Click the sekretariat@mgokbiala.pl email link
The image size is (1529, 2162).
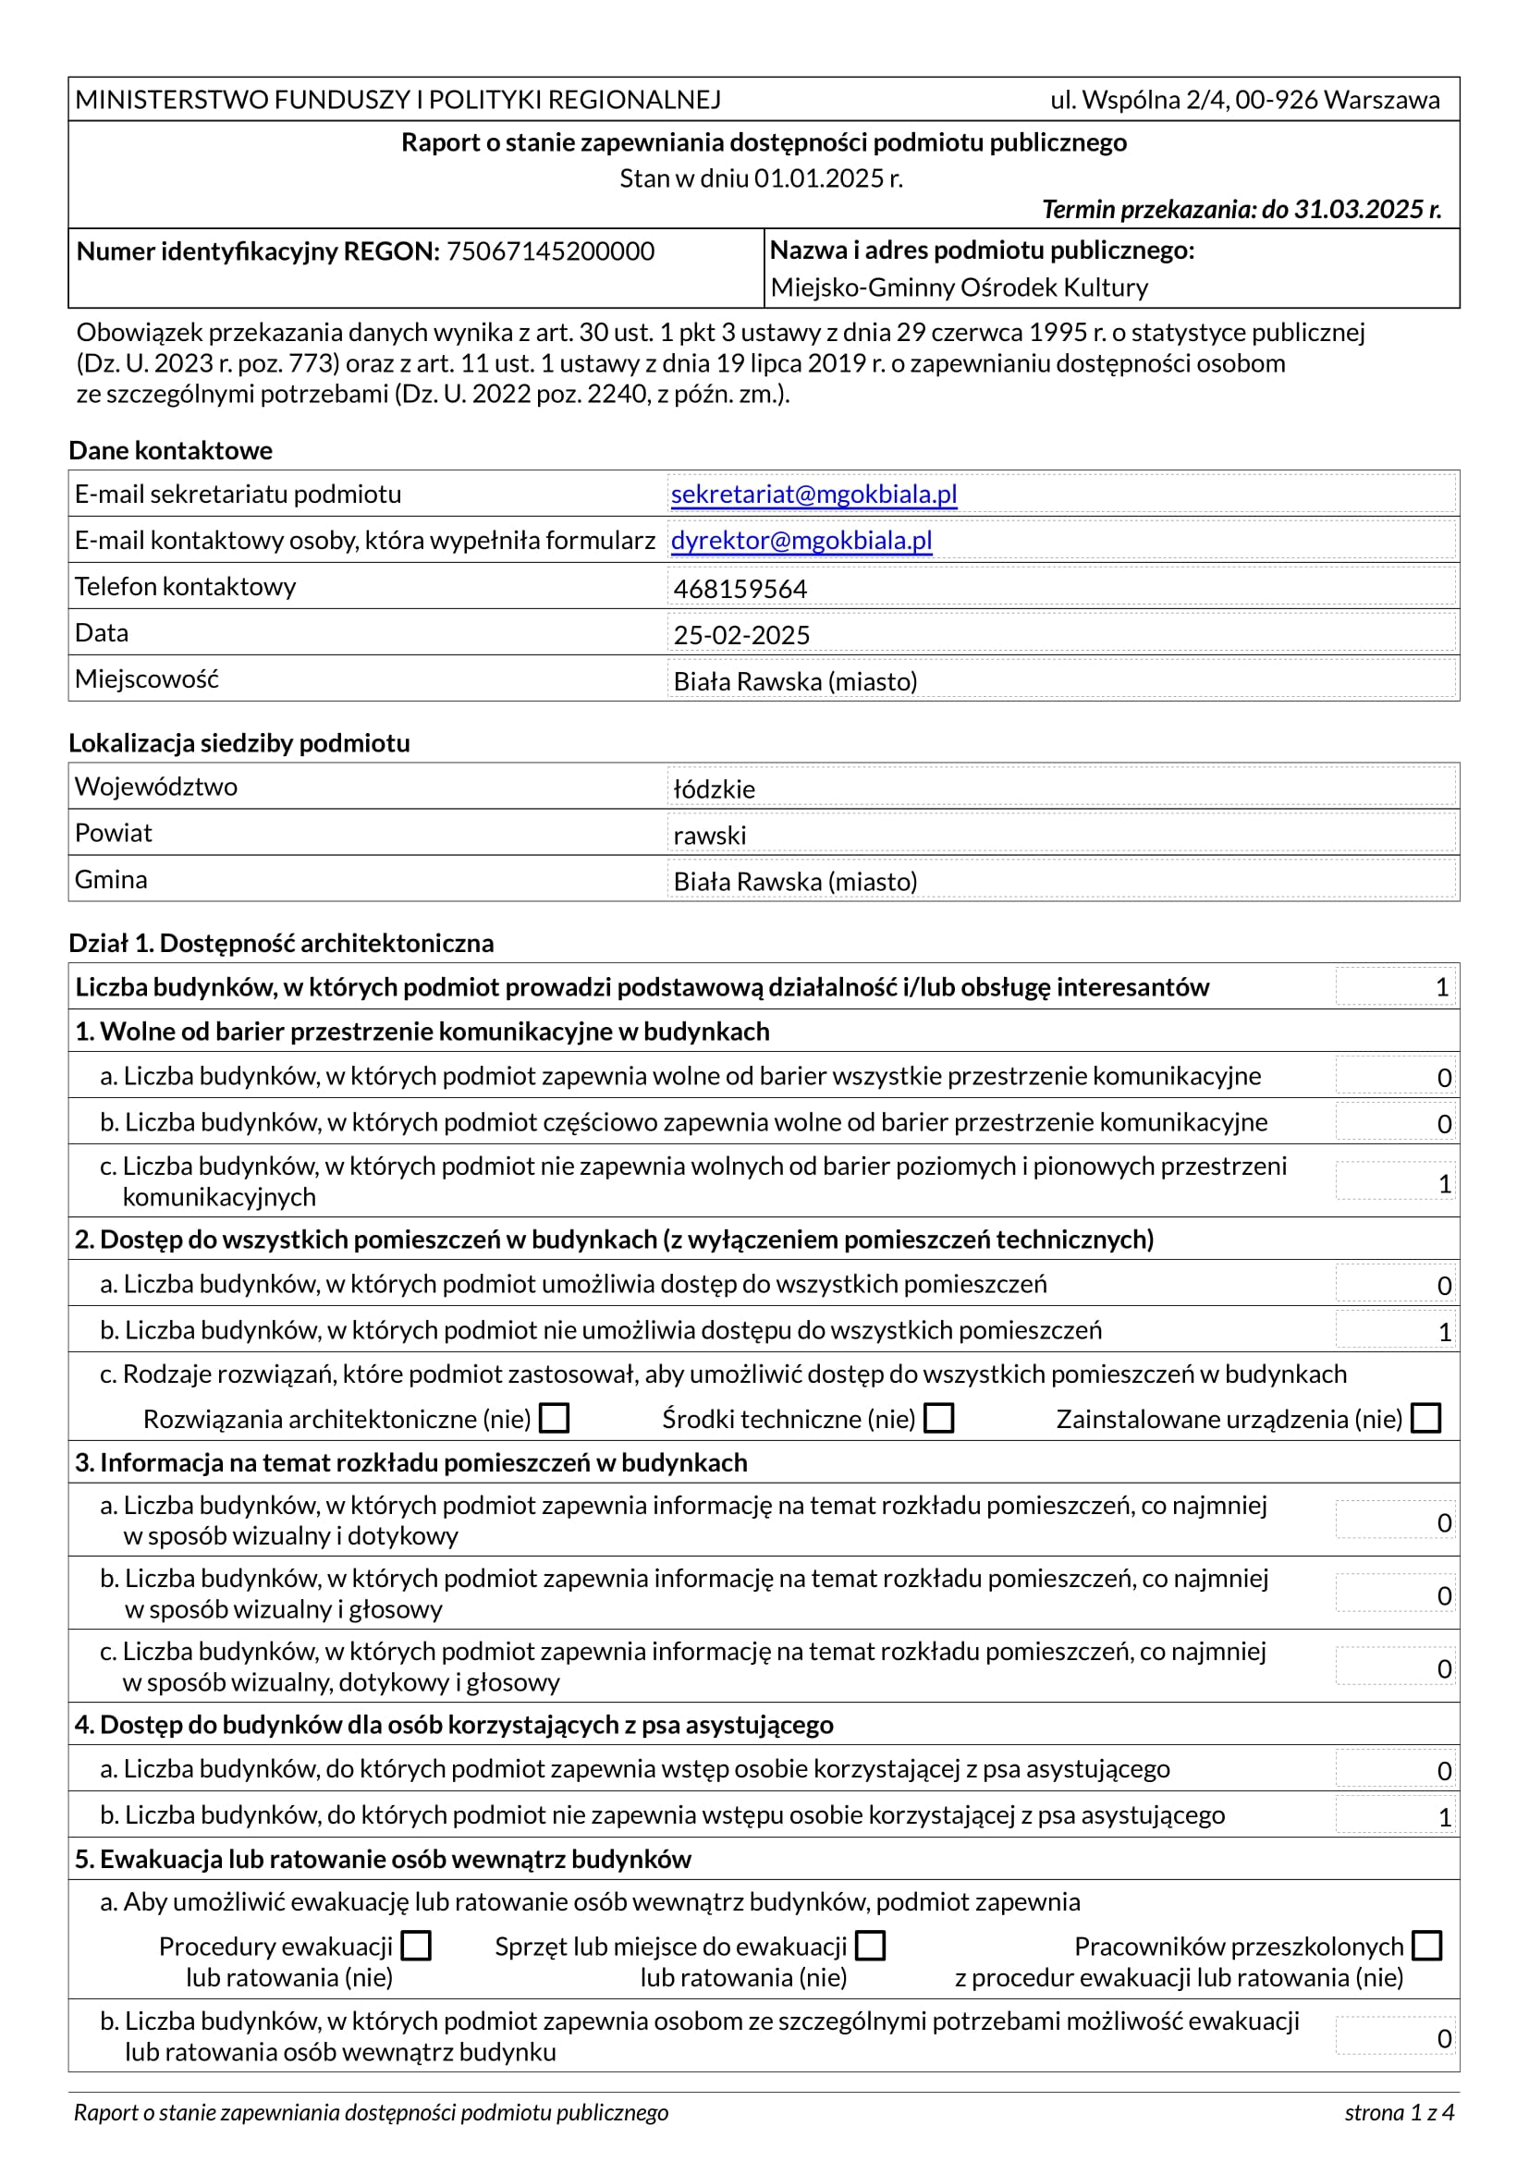tap(813, 495)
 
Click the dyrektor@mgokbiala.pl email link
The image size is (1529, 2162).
tap(801, 541)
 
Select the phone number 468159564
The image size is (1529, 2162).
tap(740, 589)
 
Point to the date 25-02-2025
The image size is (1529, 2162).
tap(741, 635)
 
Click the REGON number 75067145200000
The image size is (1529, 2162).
tap(550, 251)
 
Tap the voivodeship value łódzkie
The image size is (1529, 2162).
tap(714, 789)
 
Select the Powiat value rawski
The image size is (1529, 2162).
tap(709, 836)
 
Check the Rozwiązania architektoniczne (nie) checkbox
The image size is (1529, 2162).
tap(555, 1418)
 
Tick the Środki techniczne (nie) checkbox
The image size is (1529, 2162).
tap(938, 1418)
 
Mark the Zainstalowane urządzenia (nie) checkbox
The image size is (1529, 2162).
tap(1426, 1418)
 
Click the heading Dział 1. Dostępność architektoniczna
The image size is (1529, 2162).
tap(281, 943)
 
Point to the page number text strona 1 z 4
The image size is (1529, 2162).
tap(1399, 2112)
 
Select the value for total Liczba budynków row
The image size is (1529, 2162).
tap(1440, 987)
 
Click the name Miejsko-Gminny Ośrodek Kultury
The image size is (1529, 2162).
tap(959, 287)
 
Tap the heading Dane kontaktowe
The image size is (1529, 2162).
tap(170, 450)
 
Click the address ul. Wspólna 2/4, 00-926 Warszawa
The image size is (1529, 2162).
tap(1244, 100)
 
